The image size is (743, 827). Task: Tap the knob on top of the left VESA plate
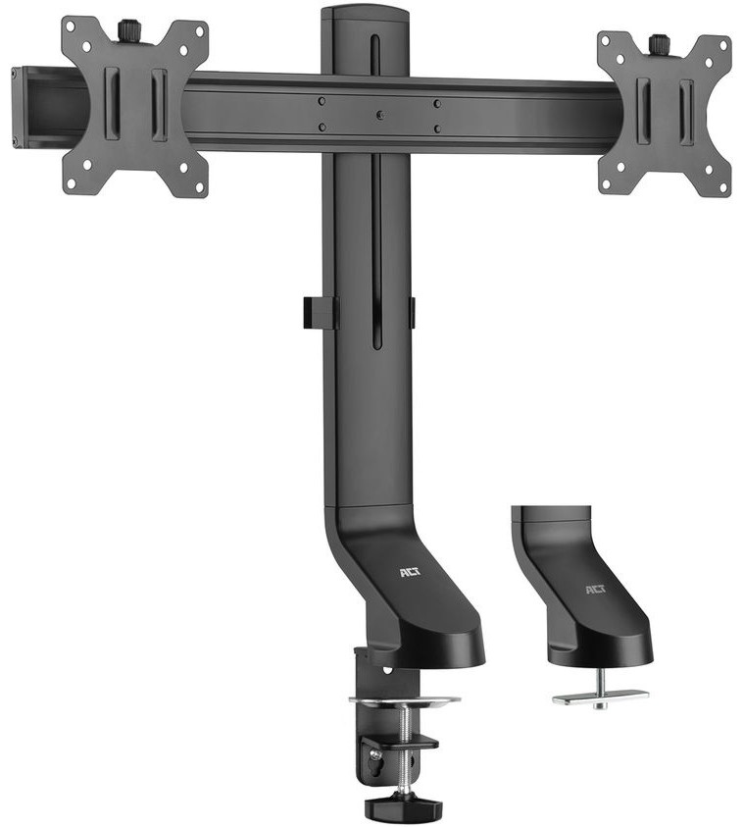pos(128,30)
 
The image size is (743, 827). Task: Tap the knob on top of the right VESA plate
pos(659,44)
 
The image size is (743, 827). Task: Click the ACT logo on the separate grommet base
pos(596,589)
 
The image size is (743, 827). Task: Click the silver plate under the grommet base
pos(600,697)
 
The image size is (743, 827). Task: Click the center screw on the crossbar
pos(379,115)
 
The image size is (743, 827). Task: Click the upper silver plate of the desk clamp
pos(404,700)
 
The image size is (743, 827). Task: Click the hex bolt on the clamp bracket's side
pos(373,755)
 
